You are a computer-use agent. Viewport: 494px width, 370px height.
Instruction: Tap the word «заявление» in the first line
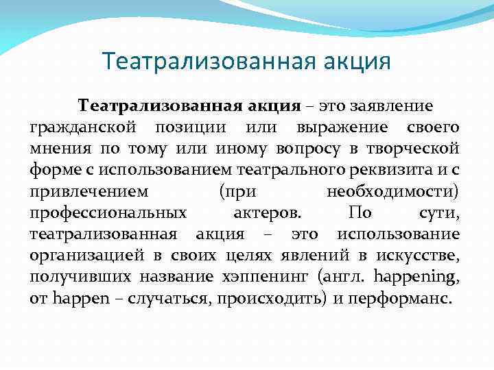click(391, 106)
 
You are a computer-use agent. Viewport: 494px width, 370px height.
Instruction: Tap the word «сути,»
click(438, 213)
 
